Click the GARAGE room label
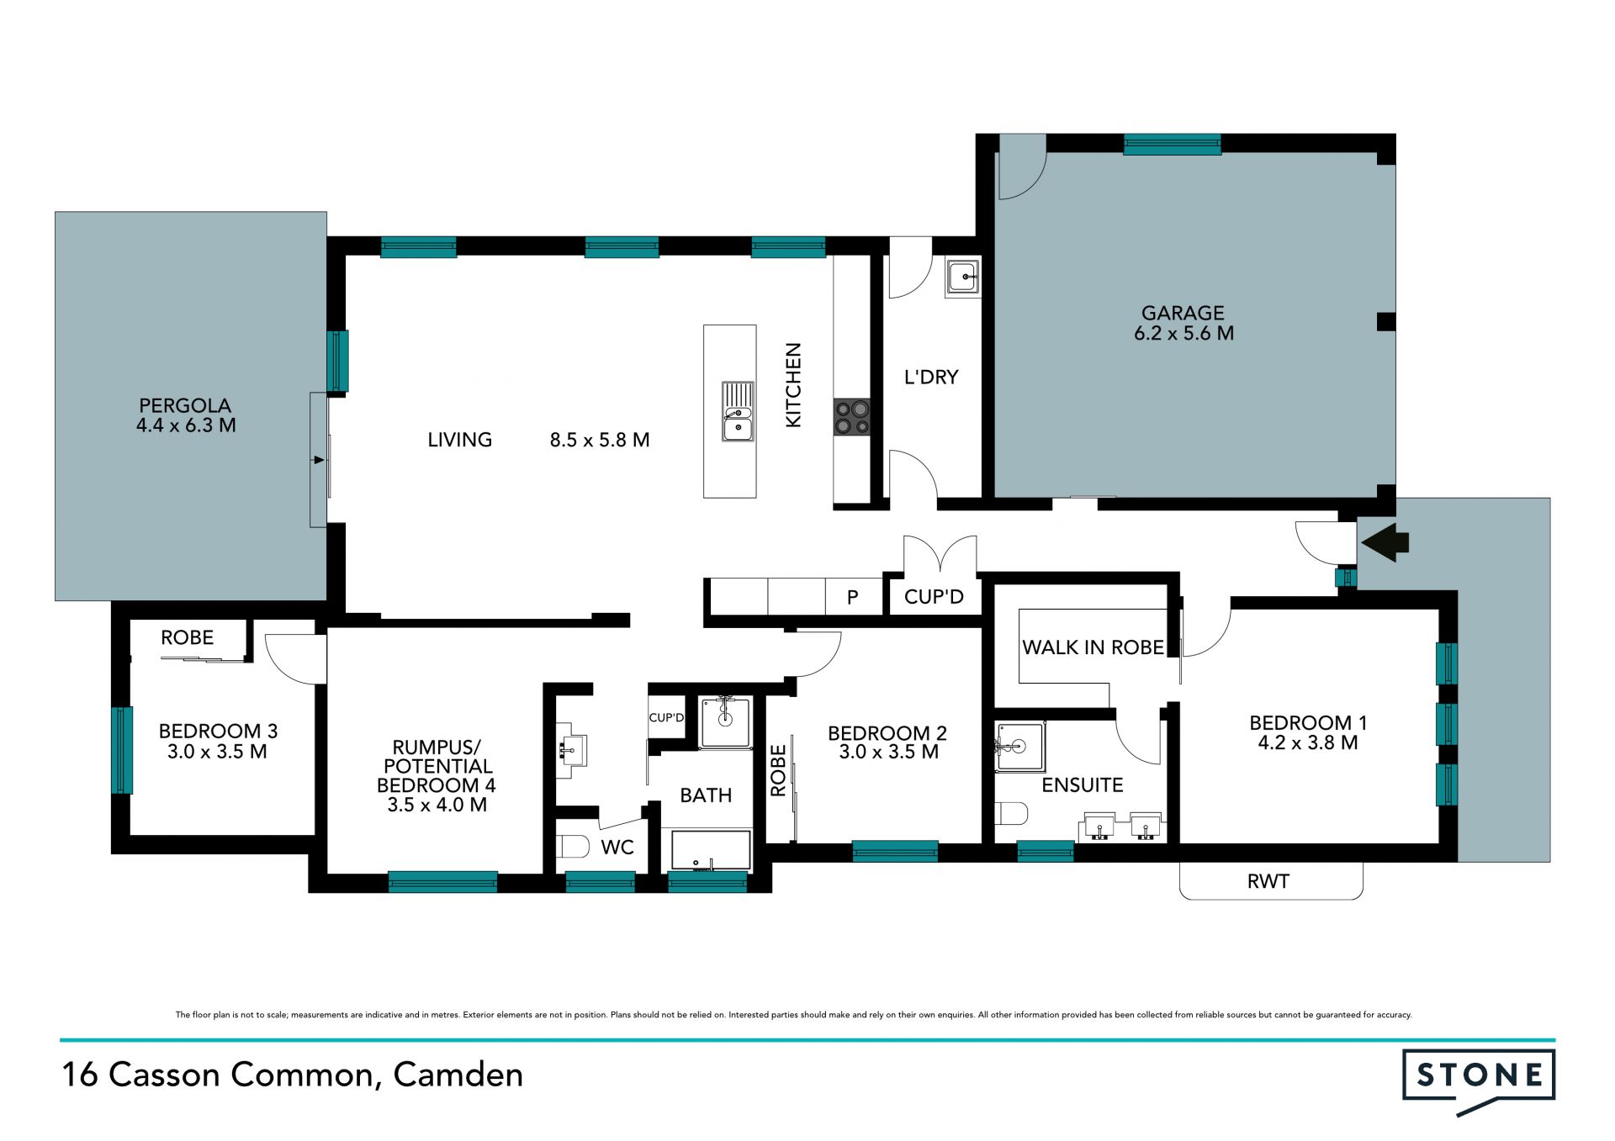(x=1183, y=313)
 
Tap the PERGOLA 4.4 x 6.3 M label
(x=186, y=415)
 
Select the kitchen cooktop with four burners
(x=851, y=417)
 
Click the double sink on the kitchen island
(x=738, y=411)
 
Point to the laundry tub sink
(x=962, y=277)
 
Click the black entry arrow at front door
(x=1385, y=542)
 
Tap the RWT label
(x=1268, y=881)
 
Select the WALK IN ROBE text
(x=1093, y=647)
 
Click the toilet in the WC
(x=573, y=846)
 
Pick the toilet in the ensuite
(x=1011, y=814)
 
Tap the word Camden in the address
(x=458, y=1075)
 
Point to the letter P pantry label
(x=852, y=598)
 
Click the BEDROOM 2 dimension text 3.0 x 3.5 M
(x=888, y=753)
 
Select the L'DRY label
(x=931, y=377)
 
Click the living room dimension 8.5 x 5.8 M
(x=600, y=440)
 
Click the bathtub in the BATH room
(x=711, y=850)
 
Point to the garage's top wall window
(x=1173, y=145)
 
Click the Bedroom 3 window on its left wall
(x=122, y=750)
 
